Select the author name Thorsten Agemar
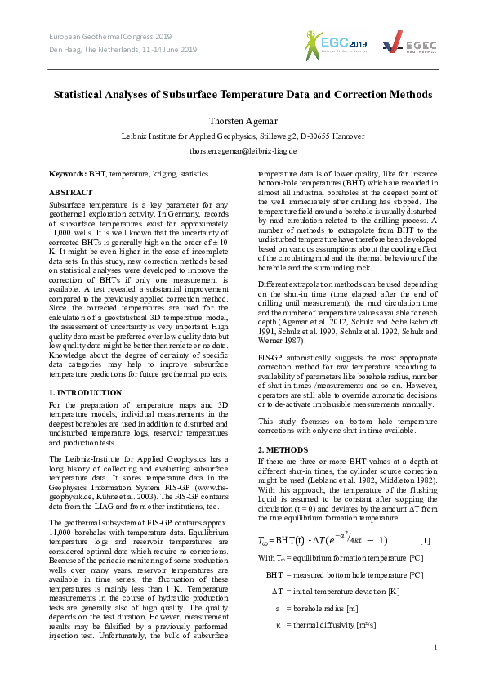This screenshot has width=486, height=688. click(x=243, y=120)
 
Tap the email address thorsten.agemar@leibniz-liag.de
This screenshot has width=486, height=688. click(x=243, y=151)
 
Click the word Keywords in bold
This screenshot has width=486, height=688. click(x=67, y=174)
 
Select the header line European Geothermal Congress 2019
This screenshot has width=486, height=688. click(x=110, y=37)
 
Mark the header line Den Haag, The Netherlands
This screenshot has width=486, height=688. click(x=123, y=50)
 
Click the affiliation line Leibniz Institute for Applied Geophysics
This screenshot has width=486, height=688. click(x=243, y=136)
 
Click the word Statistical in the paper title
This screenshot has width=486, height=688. click(x=82, y=95)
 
